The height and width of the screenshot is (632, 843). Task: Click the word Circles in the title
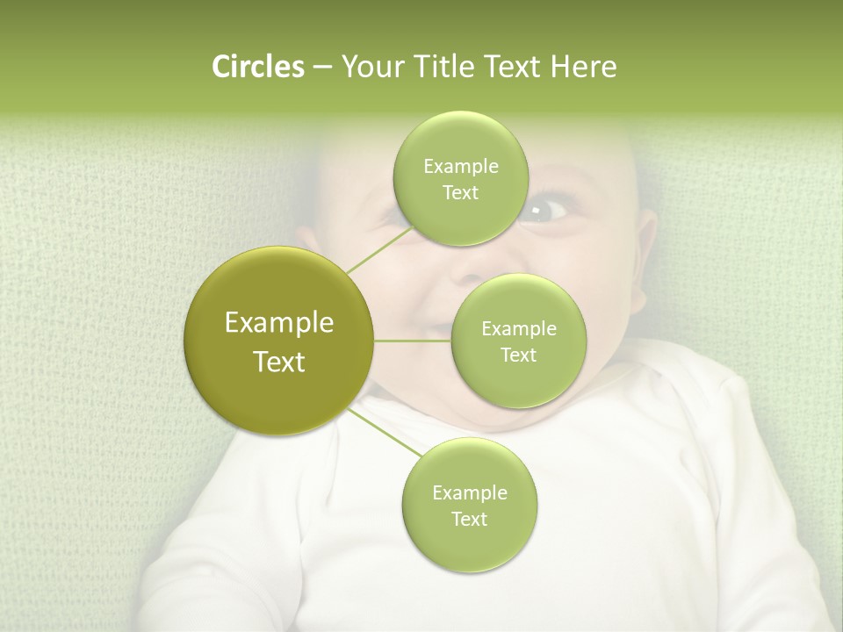click(257, 67)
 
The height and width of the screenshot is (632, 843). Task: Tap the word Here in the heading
click(583, 67)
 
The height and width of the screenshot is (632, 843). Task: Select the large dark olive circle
click(279, 341)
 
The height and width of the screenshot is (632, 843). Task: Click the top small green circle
click(460, 178)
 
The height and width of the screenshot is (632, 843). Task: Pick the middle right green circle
click(518, 341)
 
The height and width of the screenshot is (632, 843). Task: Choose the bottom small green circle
click(469, 505)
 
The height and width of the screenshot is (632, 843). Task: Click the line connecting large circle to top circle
click(379, 249)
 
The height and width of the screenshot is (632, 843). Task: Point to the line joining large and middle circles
click(413, 341)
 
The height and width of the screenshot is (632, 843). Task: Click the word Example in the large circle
click(279, 323)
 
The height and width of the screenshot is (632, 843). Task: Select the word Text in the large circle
click(279, 362)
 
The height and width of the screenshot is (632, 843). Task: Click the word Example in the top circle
click(460, 166)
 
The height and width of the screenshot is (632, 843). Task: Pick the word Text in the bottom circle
click(469, 519)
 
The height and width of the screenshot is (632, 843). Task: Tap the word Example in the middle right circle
click(518, 328)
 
